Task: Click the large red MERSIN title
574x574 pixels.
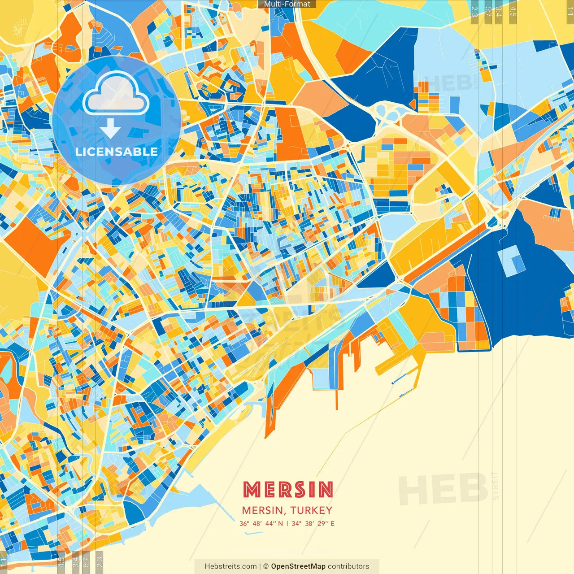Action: tap(288, 490)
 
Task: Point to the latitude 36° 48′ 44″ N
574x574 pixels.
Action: tap(261, 523)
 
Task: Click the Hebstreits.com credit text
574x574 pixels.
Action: tap(230, 566)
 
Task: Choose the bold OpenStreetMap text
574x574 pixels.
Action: tap(298, 566)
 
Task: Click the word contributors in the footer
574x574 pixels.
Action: tap(348, 566)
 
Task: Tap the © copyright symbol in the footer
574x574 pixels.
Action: tap(265, 566)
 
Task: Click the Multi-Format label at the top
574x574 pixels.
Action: tap(287, 4)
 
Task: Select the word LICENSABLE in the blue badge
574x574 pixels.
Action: tap(117, 152)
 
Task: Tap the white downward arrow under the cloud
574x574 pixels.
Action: tap(110, 129)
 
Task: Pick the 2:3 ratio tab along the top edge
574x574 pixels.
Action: tap(474, 12)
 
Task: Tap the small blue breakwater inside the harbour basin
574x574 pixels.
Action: tap(399, 380)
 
